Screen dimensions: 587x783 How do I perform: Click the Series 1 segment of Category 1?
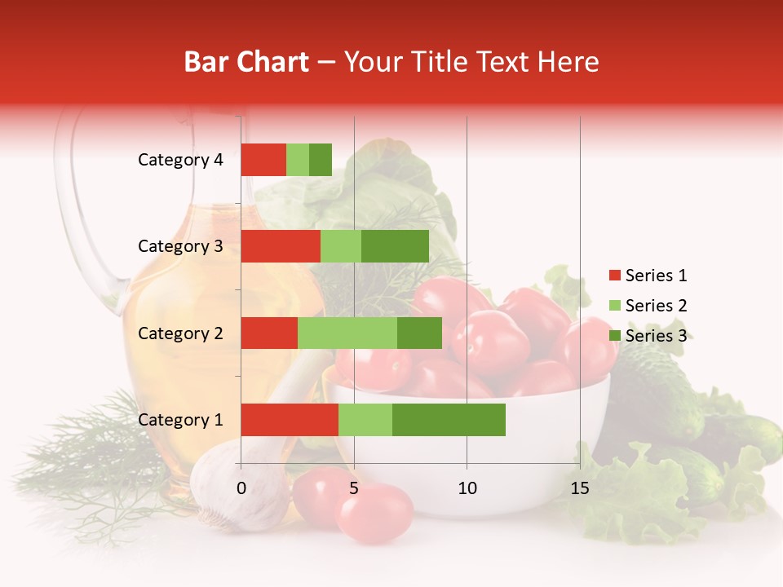pos(290,420)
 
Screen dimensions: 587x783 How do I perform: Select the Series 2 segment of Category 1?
pos(365,420)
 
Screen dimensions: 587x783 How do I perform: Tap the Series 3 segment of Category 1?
pos(449,420)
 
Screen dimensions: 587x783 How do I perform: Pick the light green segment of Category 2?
pos(347,333)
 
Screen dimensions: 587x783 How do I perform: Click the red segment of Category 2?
pos(269,333)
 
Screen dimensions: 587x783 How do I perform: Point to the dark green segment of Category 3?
pos(395,246)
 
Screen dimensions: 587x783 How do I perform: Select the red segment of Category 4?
pos(263,160)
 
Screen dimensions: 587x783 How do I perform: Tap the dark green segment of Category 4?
pos(321,160)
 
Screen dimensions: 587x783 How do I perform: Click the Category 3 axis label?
pos(180,246)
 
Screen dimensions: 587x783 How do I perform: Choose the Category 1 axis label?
pos(180,420)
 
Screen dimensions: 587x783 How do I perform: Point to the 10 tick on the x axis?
pos(467,488)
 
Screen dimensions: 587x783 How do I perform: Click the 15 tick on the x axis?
pos(579,488)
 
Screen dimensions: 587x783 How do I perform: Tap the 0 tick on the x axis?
pos(241,488)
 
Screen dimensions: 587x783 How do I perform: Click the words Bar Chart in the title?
pos(246,62)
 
